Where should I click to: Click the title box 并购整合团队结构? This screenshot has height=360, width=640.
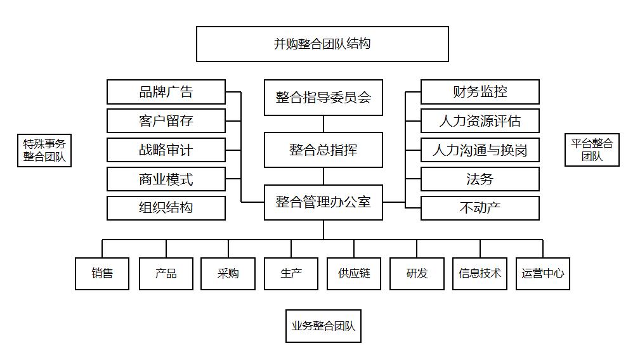click(322, 44)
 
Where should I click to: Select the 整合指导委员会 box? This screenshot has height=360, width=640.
click(323, 98)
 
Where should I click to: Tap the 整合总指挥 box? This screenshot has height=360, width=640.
click(323, 150)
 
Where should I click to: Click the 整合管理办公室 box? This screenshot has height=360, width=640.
click(323, 202)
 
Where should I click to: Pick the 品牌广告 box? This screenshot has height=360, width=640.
click(166, 92)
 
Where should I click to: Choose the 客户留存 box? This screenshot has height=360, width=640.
click(166, 121)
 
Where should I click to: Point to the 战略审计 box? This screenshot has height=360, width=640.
click(166, 150)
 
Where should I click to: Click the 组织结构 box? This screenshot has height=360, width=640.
click(166, 208)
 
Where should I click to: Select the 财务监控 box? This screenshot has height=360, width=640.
click(480, 92)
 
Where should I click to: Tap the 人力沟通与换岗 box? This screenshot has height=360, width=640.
click(480, 150)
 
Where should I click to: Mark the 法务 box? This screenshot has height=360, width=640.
click(480, 179)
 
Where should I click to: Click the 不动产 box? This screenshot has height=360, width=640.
click(480, 208)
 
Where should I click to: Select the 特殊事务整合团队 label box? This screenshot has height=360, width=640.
click(44, 150)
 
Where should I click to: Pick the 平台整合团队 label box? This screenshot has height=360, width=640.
click(592, 150)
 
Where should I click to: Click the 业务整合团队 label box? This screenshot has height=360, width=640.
click(323, 326)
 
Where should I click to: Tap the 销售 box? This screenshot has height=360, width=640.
click(102, 274)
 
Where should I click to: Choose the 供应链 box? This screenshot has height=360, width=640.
click(354, 274)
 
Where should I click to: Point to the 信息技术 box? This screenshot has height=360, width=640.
click(480, 274)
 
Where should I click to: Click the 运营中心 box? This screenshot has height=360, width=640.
click(542, 274)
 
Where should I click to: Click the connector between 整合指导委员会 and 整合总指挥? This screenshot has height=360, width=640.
click(323, 124)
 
